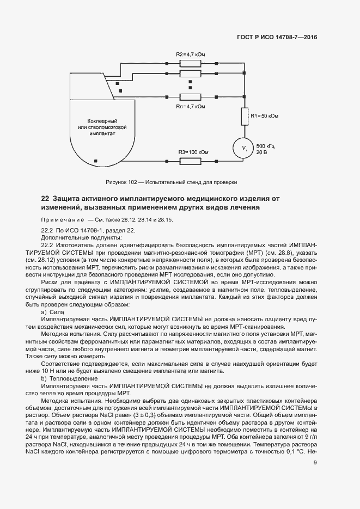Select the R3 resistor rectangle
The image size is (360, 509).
190,160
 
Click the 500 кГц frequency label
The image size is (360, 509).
266,146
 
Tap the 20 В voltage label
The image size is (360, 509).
262,153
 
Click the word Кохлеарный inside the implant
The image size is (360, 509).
102,120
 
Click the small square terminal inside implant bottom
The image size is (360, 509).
96,160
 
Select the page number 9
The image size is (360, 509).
315,463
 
